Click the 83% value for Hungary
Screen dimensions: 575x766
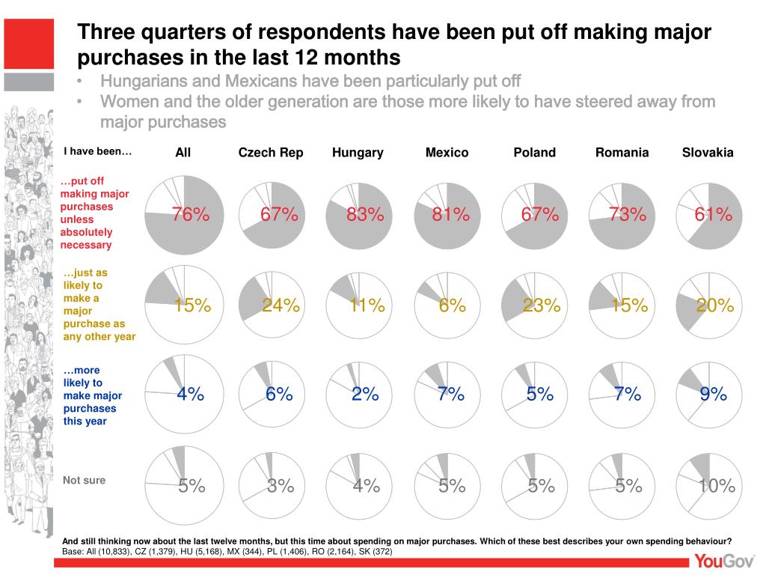point(365,215)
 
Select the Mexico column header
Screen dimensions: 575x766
point(447,153)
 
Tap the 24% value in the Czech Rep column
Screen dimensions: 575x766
point(281,305)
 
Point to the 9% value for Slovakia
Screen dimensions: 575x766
point(714,395)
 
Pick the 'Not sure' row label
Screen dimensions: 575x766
point(84,480)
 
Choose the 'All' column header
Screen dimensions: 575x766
point(183,153)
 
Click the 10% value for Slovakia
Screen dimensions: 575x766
point(717,487)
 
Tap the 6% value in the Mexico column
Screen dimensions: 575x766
point(453,305)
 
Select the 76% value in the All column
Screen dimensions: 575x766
point(191,215)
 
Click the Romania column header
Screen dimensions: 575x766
point(622,153)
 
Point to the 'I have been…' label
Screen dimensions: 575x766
point(97,151)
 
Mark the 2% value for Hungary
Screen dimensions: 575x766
point(365,395)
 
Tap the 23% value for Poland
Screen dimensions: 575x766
point(542,305)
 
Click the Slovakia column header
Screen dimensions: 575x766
point(708,153)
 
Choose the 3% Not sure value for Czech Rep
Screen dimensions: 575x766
point(281,487)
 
